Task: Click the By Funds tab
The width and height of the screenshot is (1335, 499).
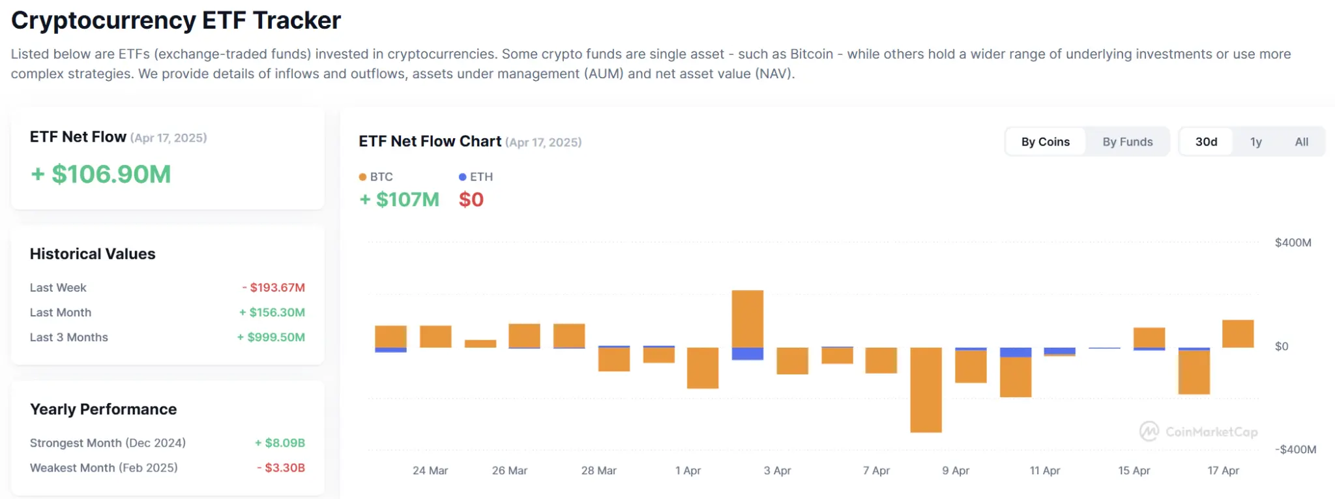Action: point(1127,142)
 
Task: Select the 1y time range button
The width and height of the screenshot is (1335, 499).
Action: point(1255,142)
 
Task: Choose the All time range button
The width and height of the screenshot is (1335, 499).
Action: point(1301,142)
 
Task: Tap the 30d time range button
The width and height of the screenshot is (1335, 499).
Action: point(1206,142)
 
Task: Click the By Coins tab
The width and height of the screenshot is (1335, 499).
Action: point(1045,142)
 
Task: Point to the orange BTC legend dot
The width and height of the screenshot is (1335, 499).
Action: point(362,177)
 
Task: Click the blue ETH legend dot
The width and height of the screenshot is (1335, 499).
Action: point(462,177)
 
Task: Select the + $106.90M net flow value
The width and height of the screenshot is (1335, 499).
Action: point(101,174)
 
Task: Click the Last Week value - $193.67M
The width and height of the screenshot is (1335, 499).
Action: point(274,288)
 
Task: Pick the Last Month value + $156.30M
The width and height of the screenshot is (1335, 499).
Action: point(272,312)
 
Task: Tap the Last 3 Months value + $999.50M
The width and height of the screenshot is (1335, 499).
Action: point(271,337)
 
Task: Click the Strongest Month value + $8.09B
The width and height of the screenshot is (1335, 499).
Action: point(280,443)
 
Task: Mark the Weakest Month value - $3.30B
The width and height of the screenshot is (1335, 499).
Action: point(281,468)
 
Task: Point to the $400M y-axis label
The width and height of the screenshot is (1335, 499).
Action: point(1293,243)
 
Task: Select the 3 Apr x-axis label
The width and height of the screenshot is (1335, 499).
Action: point(777,470)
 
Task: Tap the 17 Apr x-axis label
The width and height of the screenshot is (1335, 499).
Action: point(1223,470)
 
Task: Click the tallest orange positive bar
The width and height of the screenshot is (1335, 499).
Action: point(747,318)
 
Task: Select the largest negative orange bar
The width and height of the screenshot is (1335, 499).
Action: point(926,389)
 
